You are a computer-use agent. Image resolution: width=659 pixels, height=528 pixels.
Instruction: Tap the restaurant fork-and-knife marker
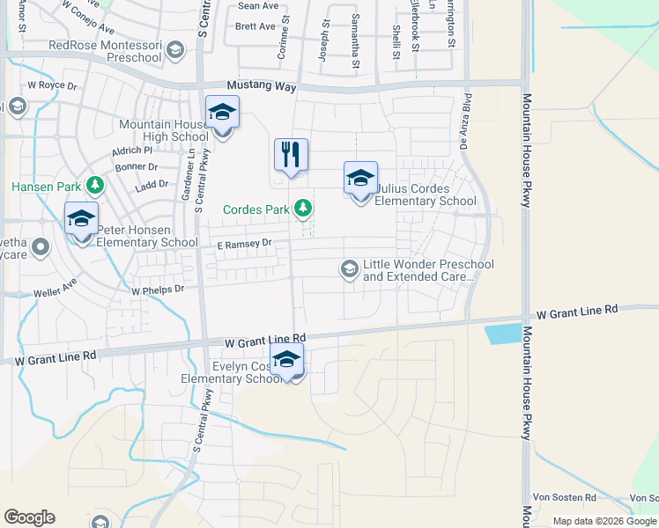click(x=291, y=156)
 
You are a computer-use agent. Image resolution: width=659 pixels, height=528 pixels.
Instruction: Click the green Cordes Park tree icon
click(x=303, y=208)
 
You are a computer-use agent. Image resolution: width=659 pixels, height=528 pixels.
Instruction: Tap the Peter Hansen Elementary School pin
click(x=81, y=220)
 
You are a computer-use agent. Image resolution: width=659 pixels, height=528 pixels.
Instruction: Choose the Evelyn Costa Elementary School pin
click(x=286, y=361)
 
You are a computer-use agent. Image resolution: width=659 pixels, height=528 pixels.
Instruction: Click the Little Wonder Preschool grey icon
click(x=349, y=268)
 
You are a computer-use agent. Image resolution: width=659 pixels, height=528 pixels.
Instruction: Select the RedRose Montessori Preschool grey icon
click(x=175, y=50)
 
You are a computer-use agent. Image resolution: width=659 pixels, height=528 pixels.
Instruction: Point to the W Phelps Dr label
click(x=158, y=289)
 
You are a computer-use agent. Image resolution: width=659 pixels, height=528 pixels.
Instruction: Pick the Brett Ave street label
click(x=255, y=26)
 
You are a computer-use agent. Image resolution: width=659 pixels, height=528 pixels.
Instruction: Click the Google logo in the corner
click(x=29, y=517)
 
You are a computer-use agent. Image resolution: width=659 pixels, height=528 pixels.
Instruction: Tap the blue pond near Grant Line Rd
click(x=503, y=334)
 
